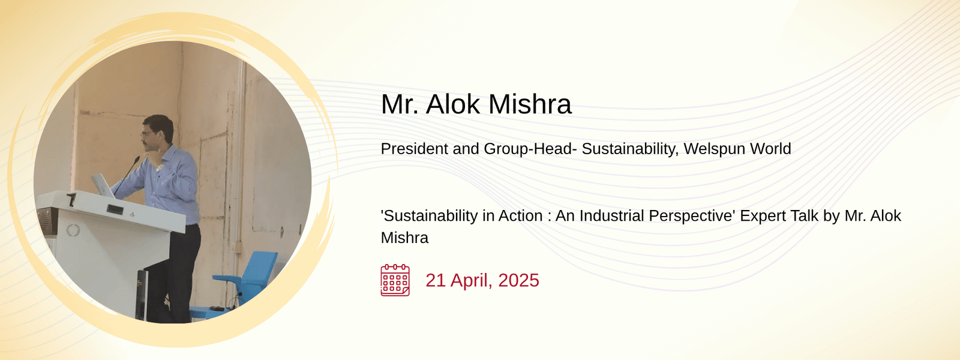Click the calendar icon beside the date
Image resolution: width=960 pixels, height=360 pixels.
coord(395,280)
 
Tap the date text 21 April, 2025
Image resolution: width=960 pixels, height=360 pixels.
coord(482,280)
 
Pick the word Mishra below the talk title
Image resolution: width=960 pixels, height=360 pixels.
coord(404,238)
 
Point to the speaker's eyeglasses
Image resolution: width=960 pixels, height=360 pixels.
coord(147,134)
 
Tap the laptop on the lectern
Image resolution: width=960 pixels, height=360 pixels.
coord(103,185)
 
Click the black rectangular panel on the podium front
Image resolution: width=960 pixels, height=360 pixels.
coord(115,210)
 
